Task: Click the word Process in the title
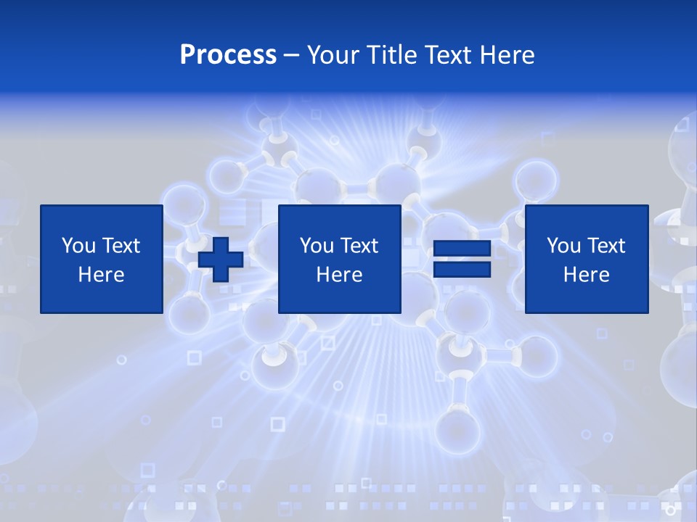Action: (x=228, y=55)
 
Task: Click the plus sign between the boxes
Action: (x=221, y=259)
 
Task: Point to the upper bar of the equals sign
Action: (x=462, y=249)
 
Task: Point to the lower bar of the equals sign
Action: (x=462, y=270)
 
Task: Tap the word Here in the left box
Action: (x=101, y=275)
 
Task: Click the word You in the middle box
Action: (x=317, y=246)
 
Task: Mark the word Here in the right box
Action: (x=586, y=275)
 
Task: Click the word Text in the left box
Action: (x=121, y=246)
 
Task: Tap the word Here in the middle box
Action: (x=339, y=275)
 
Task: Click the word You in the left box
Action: (x=78, y=246)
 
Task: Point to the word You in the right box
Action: (x=563, y=246)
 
